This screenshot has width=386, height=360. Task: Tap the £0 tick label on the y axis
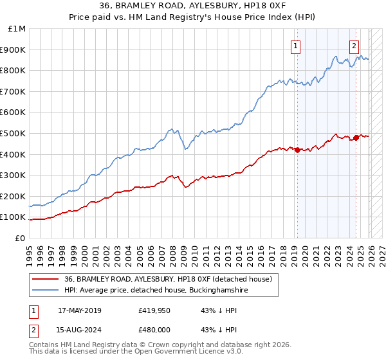pyautogui.click(x=21, y=238)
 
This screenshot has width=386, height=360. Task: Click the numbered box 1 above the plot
pyautogui.click(x=295, y=45)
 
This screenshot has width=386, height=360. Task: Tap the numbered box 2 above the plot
pyautogui.click(x=354, y=45)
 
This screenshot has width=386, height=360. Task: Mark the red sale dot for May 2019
pyautogui.click(x=297, y=150)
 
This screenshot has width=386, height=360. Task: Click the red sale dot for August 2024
pyautogui.click(x=356, y=138)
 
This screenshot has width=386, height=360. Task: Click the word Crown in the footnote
pyautogui.click(x=147, y=346)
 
